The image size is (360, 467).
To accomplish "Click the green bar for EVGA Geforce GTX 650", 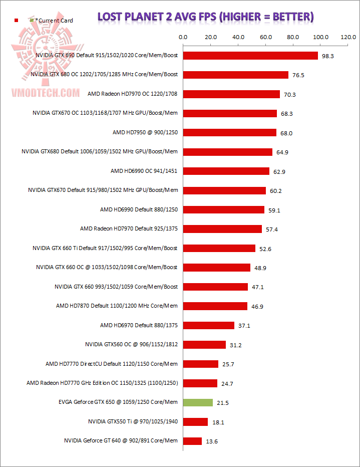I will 198,402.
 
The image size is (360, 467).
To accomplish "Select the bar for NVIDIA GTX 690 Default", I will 250,56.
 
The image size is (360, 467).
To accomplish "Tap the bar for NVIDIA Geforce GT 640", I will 192,441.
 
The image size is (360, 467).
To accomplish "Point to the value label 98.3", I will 328,56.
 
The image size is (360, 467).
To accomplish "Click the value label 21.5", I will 223,403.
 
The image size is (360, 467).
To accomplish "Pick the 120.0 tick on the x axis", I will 348,37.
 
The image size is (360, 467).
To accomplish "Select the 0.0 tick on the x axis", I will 183,37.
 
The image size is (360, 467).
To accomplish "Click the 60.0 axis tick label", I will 266,37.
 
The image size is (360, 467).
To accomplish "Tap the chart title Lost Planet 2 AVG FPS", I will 206,18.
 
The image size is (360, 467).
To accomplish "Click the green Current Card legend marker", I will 32,20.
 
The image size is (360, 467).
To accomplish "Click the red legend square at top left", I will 17,20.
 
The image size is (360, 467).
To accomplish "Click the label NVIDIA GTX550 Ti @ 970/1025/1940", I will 133,422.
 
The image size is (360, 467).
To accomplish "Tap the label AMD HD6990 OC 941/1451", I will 144,171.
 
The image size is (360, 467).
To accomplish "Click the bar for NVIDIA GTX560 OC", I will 204,345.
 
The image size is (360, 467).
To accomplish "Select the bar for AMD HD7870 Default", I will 215,306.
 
